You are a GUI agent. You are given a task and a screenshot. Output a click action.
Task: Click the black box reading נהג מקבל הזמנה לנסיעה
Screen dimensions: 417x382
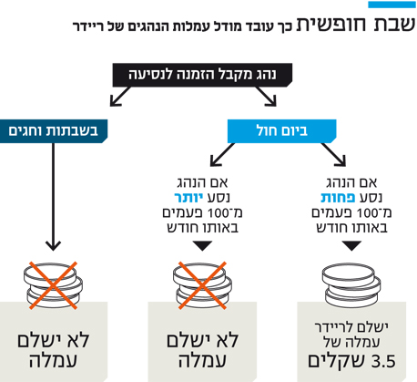coord(202,75)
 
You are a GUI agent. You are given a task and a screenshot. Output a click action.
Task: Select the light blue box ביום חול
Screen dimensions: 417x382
coord(282,131)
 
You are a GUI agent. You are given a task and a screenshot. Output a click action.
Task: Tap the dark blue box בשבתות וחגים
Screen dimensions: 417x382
coord(54,131)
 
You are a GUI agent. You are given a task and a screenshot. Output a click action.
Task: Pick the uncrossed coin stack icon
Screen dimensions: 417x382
coord(351,286)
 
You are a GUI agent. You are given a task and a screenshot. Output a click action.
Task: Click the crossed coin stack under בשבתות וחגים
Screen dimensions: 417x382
coord(53,285)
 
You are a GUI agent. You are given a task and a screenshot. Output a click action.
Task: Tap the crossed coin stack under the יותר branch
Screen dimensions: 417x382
coord(202,285)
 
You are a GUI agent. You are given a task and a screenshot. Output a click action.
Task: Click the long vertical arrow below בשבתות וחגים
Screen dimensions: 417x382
coord(54,197)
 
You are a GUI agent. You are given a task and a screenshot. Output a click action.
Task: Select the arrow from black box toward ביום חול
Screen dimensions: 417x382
coord(266,97)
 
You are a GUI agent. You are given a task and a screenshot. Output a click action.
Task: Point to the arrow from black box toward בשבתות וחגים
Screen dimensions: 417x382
coord(120,97)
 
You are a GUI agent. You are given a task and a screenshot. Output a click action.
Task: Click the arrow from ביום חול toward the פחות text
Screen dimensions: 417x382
coord(333,155)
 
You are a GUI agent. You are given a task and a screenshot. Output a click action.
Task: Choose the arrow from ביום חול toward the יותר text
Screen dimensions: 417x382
coord(222,155)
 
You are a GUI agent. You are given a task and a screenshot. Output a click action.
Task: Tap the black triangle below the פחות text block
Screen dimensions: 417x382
coord(351,245)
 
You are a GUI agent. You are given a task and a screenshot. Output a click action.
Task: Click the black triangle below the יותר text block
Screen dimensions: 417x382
coord(202,245)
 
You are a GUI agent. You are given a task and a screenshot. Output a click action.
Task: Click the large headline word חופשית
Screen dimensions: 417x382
coord(331,25)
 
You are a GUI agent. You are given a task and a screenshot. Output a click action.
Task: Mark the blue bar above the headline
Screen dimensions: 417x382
coord(392,5)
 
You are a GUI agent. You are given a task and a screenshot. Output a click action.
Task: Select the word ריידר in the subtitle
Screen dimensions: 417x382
coord(87,26)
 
